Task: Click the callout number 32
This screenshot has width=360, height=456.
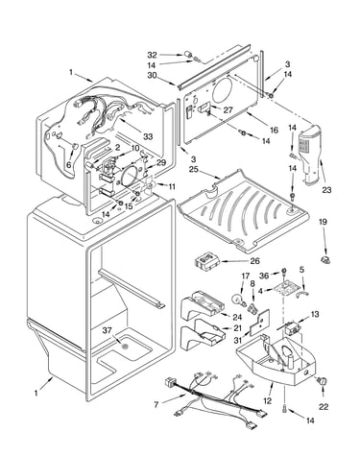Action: [x=152, y=55]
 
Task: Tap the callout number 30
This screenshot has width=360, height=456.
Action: [x=152, y=75]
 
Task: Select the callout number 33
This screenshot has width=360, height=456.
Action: [x=148, y=136]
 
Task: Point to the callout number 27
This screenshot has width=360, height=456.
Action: [x=228, y=109]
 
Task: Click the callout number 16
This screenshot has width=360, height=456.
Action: [x=274, y=130]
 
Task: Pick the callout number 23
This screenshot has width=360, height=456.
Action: [x=326, y=190]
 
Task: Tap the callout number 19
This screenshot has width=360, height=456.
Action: [x=323, y=222]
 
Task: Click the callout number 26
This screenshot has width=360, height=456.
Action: [x=255, y=261]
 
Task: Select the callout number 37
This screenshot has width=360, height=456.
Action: [x=108, y=330]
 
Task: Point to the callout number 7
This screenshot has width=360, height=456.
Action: [x=156, y=405]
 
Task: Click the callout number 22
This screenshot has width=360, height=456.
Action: [x=324, y=407]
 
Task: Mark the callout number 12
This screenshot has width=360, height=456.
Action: [x=267, y=400]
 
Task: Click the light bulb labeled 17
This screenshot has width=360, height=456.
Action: [x=237, y=300]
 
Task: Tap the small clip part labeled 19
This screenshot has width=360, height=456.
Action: [x=325, y=260]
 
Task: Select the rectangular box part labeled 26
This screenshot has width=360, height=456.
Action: [x=206, y=262]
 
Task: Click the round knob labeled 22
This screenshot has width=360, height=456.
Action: [x=323, y=382]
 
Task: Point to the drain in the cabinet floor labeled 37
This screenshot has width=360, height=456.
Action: [x=125, y=347]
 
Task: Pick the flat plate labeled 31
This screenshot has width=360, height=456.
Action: [x=260, y=322]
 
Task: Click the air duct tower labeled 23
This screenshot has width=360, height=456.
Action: [x=310, y=155]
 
